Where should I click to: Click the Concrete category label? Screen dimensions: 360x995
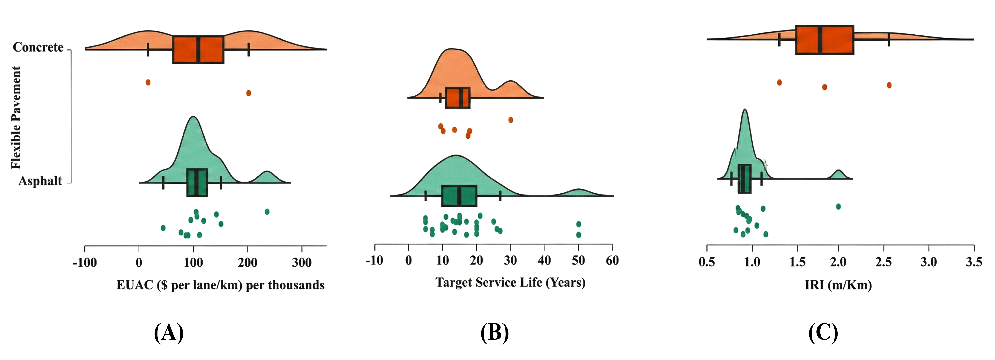click(38, 47)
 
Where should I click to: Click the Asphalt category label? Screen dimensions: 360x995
click(40, 181)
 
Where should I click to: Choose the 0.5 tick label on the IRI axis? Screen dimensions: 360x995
click(707, 262)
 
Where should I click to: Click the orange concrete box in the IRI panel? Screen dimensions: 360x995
click(825, 40)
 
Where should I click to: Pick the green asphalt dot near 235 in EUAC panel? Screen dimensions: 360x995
click(267, 212)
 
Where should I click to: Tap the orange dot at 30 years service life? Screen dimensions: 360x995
click(511, 120)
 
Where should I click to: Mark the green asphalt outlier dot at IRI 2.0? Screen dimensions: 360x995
click(838, 207)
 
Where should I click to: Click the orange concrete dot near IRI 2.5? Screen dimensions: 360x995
click(889, 85)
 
